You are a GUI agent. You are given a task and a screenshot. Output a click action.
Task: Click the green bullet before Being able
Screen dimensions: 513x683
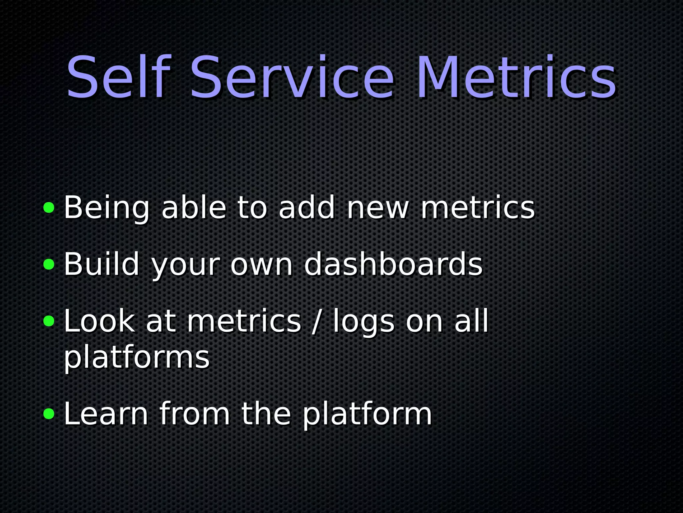pos(49,208)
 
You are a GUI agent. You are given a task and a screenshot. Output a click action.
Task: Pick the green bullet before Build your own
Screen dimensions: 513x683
pos(49,265)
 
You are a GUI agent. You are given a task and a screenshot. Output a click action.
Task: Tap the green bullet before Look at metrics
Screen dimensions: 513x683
pos(49,321)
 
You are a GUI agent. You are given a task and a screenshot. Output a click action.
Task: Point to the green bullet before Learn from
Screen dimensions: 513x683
pos(49,414)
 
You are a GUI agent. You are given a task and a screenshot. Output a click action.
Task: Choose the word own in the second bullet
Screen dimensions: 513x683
pos(261,265)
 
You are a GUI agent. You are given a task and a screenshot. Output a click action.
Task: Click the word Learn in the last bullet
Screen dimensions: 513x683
pos(106,414)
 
